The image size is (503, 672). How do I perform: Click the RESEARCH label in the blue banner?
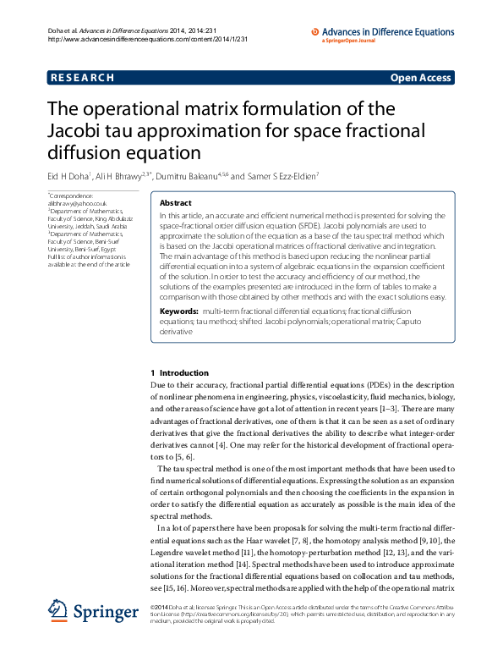[82, 78]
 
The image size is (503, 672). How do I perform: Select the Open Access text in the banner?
[420, 78]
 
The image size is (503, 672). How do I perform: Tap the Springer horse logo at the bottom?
[57, 612]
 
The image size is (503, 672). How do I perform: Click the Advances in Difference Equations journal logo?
[384, 33]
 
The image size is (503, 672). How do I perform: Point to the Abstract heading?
[175, 204]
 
